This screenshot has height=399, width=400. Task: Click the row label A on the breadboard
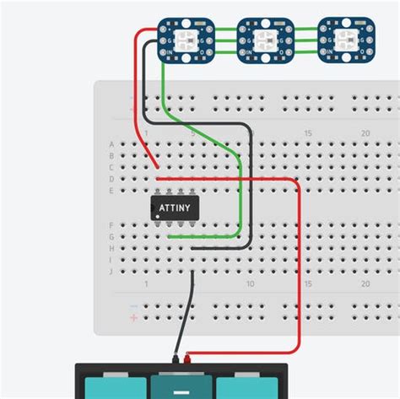coord(111,144)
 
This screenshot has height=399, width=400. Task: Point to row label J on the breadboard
coord(111,272)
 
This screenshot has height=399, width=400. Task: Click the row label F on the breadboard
coord(111,225)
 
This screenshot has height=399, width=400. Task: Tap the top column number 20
coord(365,133)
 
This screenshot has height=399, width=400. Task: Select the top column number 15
coord(308,133)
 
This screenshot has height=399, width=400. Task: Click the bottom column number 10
coord(251,284)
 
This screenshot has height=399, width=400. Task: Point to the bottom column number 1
coord(147,284)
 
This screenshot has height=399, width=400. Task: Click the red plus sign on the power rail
coord(133,318)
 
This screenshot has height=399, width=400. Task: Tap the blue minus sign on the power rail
coord(133,305)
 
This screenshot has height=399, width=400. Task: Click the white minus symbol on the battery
coord(181,391)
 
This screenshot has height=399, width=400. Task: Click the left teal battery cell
coord(113,387)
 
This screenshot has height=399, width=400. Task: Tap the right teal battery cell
coord(246,387)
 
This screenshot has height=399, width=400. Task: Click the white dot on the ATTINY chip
coord(158,216)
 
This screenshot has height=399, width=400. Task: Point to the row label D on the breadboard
coord(111,180)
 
